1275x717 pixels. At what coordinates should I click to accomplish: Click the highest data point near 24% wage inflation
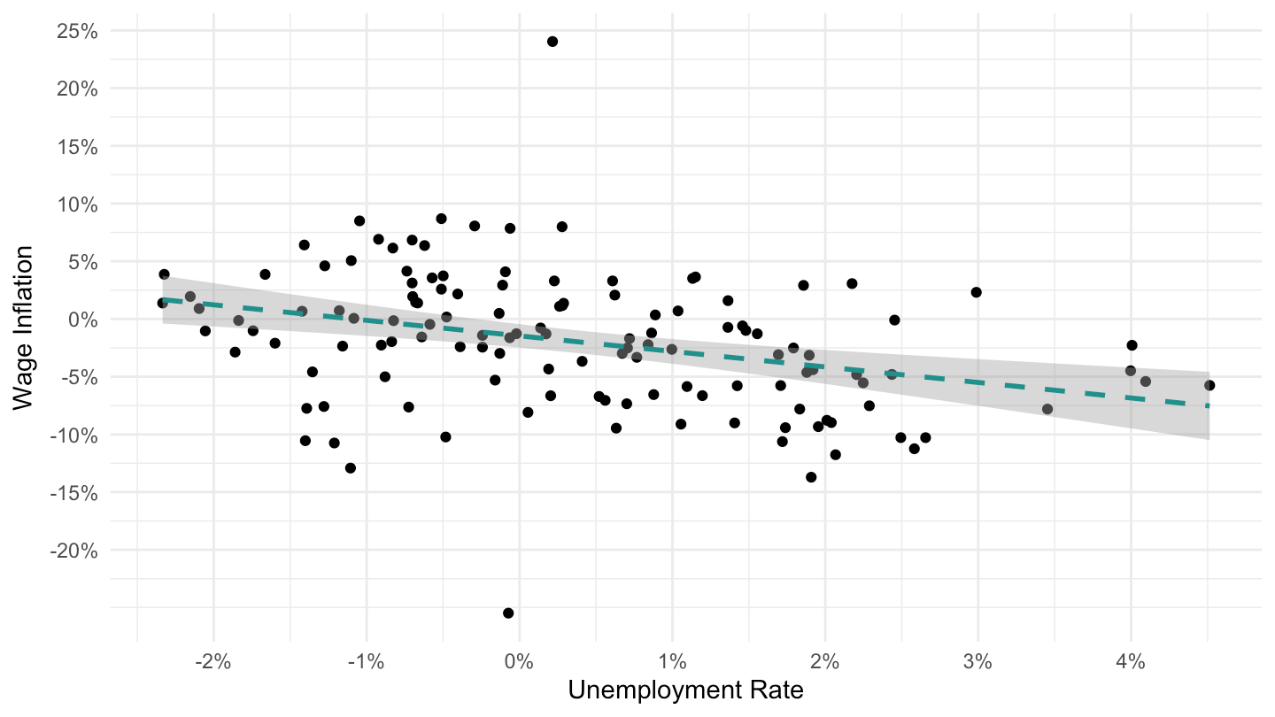pos(552,42)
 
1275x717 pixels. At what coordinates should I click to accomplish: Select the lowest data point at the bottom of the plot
pos(508,613)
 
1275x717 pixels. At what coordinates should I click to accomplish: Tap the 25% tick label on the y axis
pos(77,31)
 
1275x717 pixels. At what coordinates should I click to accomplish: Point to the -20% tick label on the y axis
pos(74,551)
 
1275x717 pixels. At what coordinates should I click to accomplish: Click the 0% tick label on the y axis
pos(83,320)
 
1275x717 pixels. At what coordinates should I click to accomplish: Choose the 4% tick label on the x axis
pos(1131,662)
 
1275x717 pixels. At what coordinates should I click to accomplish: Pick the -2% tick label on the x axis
pos(212,662)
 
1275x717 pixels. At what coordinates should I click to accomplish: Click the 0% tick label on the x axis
pos(519,662)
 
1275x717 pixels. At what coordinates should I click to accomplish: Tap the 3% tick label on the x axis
pos(977,662)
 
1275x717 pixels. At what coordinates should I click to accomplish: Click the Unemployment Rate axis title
pos(686,690)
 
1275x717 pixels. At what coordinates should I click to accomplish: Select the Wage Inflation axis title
pos(23,328)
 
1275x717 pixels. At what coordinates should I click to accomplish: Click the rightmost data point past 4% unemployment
pos(1209,385)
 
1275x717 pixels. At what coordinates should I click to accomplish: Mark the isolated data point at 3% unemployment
pos(976,292)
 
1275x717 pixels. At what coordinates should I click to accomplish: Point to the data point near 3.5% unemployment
pos(1047,409)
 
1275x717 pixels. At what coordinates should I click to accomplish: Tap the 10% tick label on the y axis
pos(77,204)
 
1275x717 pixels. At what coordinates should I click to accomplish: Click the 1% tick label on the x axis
pos(672,662)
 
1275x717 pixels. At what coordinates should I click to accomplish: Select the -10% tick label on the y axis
pos(74,436)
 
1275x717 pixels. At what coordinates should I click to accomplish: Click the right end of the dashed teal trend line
pos(1209,405)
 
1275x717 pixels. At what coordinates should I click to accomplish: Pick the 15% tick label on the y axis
pos(77,147)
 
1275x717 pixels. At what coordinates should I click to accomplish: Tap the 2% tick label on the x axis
pos(825,662)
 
